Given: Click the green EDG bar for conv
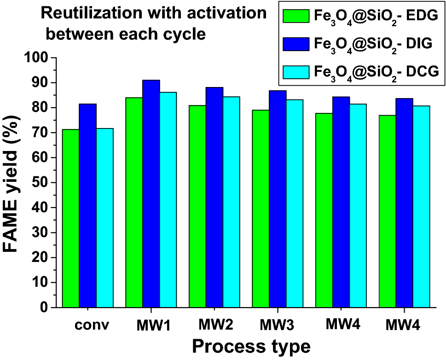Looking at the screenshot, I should pos(71,218).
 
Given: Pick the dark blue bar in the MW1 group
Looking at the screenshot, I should pos(151,193).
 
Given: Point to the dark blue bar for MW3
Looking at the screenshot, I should pos(278,198).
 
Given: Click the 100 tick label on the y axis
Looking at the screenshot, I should pos(37,58).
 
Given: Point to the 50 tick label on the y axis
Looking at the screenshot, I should pos(41,183).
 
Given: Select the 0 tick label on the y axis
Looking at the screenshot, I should pos(45,308).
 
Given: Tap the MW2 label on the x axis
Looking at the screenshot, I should pos(214,325).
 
